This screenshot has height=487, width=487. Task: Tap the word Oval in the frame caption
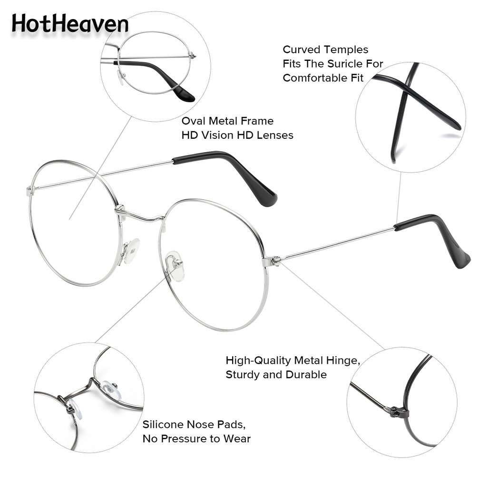[194, 121]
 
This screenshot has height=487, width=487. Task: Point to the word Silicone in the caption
[163, 424]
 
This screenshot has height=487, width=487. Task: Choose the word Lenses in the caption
[275, 136]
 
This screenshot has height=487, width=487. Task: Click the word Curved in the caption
[302, 49]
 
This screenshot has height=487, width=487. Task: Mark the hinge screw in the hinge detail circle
[394, 410]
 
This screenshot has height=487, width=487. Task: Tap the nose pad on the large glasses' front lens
[175, 266]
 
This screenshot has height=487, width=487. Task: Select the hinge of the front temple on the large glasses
[274, 260]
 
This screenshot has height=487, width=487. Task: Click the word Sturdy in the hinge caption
[243, 375]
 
